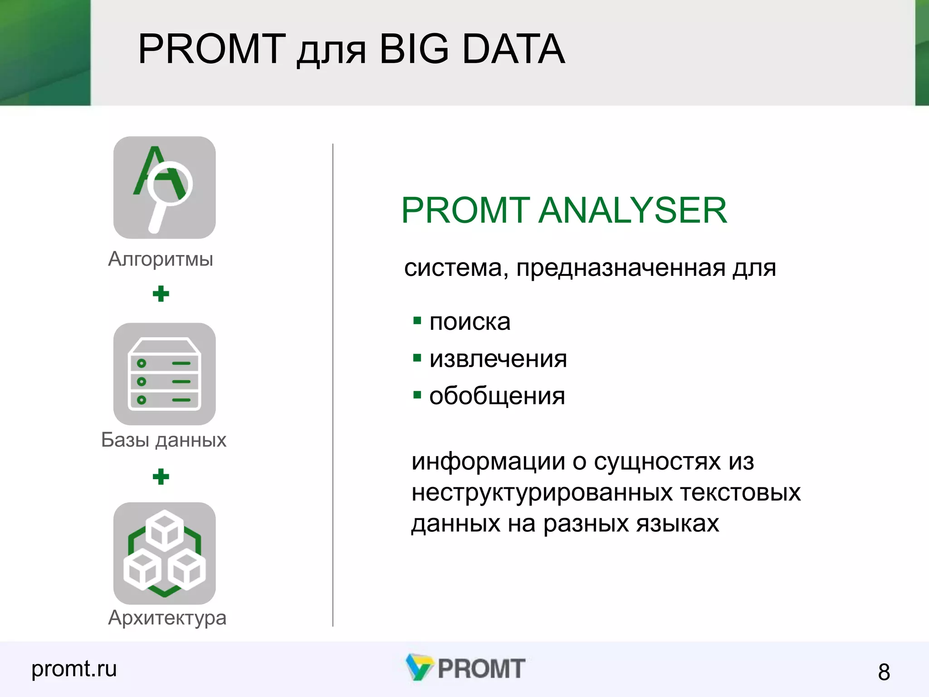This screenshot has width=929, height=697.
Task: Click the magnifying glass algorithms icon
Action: tap(164, 187)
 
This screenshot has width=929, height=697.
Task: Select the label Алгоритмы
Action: tap(161, 259)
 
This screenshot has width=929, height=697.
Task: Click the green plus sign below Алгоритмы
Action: tap(161, 294)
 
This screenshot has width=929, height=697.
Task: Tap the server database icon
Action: tap(164, 374)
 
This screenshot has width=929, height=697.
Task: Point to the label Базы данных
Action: tap(163, 440)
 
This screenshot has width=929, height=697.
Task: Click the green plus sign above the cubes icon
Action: tap(161, 476)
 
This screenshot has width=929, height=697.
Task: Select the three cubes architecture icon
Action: tap(164, 553)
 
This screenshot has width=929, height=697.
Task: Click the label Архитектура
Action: tap(167, 618)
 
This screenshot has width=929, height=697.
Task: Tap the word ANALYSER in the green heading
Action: tap(633, 211)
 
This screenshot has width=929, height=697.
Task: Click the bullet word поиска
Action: tap(469, 322)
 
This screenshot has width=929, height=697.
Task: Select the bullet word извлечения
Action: tap(498, 359)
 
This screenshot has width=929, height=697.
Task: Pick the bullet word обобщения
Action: tap(497, 396)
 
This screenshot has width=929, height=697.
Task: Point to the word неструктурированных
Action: tap(542, 493)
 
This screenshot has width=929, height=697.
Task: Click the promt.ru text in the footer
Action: tap(74, 668)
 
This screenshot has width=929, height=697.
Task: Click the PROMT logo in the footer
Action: tap(466, 668)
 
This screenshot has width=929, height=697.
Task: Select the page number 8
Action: tap(884, 672)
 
